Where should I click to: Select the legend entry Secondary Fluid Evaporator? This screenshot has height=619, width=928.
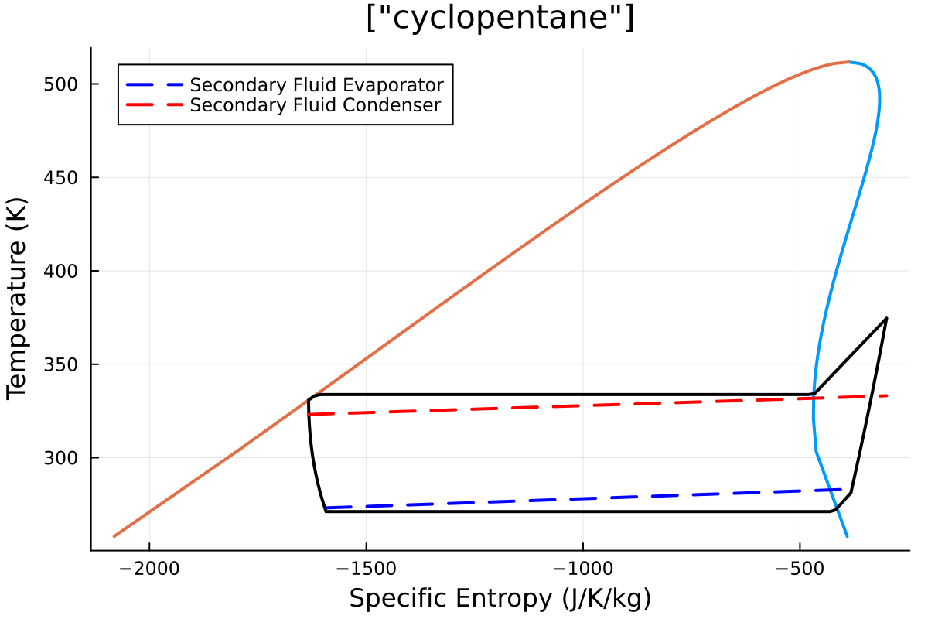point(316,84)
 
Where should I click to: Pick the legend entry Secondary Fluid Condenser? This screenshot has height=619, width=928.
point(315,104)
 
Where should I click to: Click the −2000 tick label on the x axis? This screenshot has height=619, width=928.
point(149,569)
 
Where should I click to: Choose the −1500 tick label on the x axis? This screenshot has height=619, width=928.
point(366,569)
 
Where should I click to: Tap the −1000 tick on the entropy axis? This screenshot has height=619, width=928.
point(582,569)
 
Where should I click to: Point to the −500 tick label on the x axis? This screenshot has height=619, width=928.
point(800,569)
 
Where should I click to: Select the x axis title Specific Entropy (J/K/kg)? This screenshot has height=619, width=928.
point(500,598)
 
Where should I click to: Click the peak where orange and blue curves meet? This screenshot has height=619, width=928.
point(848,62)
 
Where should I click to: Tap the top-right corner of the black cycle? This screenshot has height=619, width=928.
point(886,318)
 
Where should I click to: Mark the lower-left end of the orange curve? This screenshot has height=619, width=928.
point(114,536)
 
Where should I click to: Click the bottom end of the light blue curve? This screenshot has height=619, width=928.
point(848,536)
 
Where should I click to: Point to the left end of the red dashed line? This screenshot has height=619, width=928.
point(309,415)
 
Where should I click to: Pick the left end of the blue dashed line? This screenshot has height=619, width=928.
point(326,508)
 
